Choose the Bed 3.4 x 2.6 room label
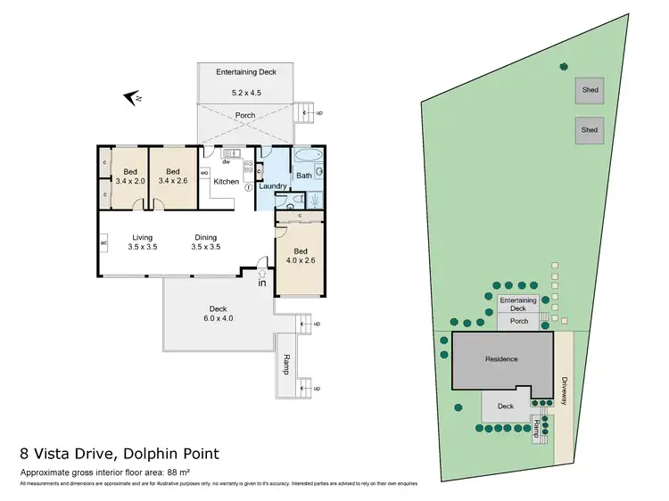(x=173, y=177)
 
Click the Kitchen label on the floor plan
(x=227, y=182)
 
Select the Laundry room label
(x=272, y=186)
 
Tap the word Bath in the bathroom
(x=303, y=176)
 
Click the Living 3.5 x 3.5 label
(x=142, y=242)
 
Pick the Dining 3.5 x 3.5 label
(x=206, y=242)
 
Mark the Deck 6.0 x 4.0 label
(x=219, y=313)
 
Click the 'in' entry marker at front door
(x=262, y=283)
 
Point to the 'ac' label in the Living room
(x=104, y=242)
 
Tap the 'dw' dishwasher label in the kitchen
(x=227, y=162)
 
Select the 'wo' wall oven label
(x=204, y=172)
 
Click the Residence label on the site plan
(x=500, y=359)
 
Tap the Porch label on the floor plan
(x=244, y=115)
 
